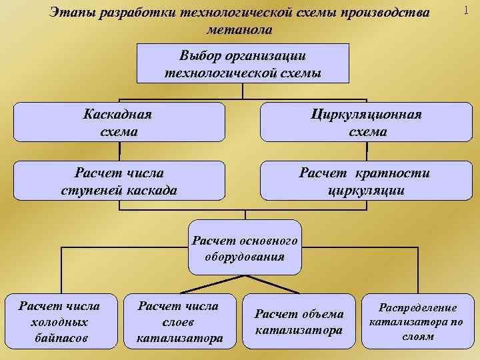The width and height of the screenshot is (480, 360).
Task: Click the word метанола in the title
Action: tap(240, 30)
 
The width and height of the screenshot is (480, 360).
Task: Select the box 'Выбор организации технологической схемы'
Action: tap(243, 64)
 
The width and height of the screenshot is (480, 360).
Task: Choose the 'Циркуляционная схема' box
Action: tap(367, 123)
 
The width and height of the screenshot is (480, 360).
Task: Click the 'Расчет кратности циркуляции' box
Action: tap(367, 181)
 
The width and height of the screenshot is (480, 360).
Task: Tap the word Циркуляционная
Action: tap(367, 114)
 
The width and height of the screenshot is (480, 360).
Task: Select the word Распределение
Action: tap(418, 308)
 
